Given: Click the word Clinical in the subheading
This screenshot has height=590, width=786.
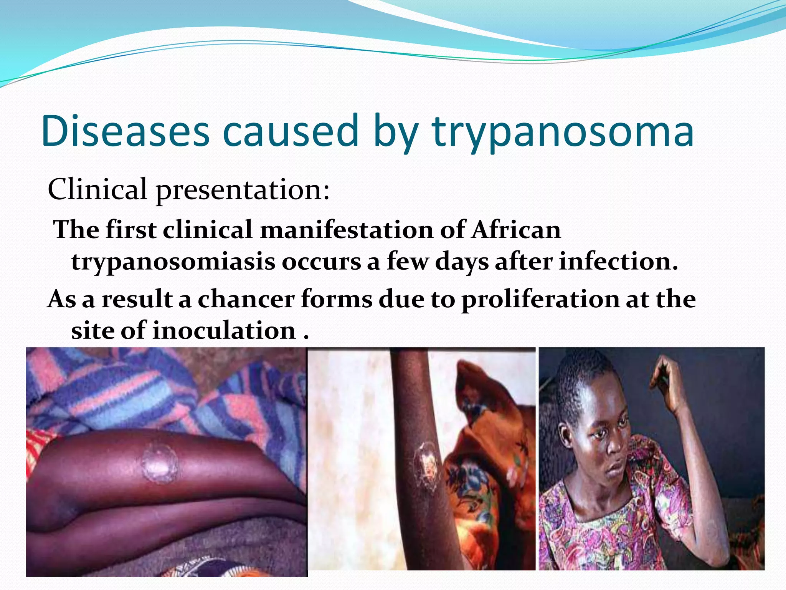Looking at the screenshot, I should click(x=97, y=189).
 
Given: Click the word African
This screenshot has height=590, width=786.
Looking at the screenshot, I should click(x=516, y=230).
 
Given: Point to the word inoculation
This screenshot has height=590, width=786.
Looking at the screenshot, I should click(x=224, y=331).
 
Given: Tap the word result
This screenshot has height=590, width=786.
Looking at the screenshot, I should click(x=137, y=299).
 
